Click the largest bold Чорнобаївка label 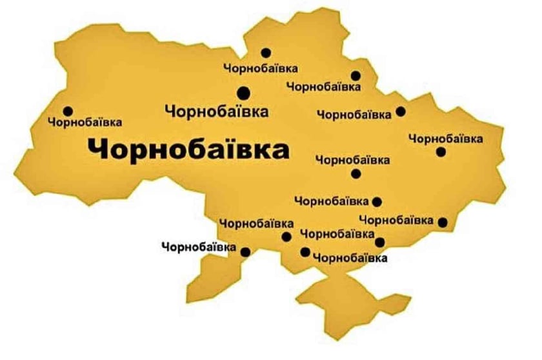point(188,150)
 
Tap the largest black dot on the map point(244,92)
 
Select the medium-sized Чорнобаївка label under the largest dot point(217,111)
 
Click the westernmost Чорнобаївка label point(85,121)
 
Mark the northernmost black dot point(266,53)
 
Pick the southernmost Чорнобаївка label point(350,258)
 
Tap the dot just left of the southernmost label point(305,252)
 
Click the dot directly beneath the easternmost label point(441,152)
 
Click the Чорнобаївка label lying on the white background point(199,246)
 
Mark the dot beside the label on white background point(245,252)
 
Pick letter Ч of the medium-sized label point(170,111)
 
